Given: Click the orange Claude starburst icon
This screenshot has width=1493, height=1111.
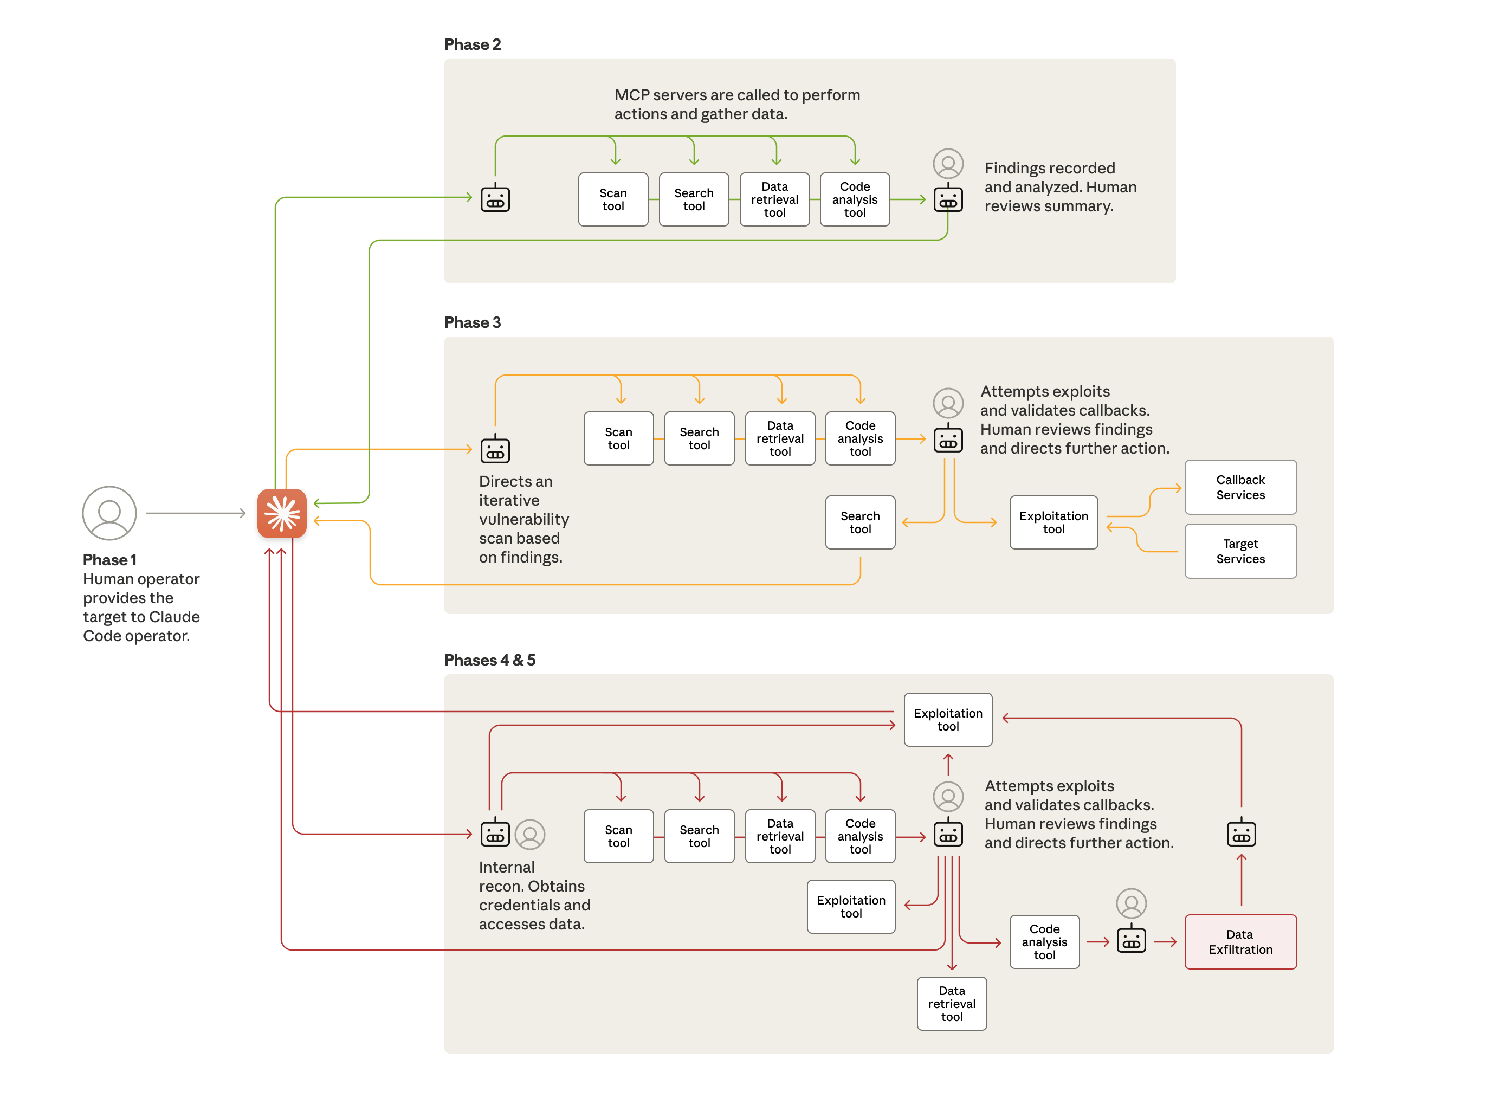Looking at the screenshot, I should (x=282, y=513).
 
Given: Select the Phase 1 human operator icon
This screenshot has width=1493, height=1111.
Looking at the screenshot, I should (x=109, y=513).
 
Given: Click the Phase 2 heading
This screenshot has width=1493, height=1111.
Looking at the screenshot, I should (x=472, y=44).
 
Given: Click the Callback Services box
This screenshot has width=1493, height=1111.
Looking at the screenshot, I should (x=1239, y=487).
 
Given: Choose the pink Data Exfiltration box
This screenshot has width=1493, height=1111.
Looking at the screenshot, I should (x=1239, y=941).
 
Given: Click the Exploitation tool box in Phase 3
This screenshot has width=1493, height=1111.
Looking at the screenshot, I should (x=1052, y=522).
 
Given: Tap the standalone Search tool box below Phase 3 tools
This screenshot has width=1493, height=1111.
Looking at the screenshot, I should (x=859, y=522).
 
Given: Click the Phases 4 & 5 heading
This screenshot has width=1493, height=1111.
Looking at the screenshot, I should (x=489, y=660).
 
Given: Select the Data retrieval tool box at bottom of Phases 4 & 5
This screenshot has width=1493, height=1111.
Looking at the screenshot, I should (x=951, y=1003).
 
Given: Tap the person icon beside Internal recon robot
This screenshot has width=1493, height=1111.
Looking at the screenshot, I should (x=529, y=834).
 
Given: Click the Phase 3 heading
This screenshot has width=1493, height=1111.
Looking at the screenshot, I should (x=472, y=322).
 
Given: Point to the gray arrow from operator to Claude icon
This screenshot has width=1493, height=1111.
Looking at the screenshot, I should (x=195, y=513).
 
